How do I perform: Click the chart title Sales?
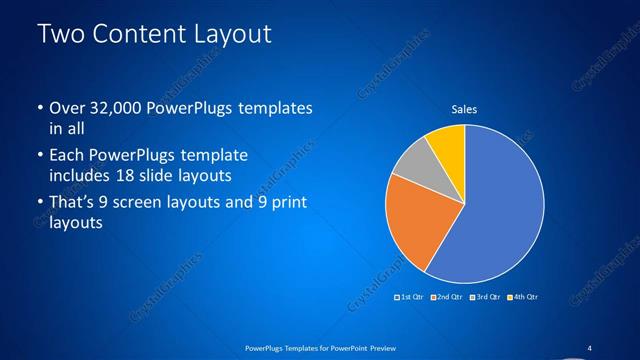pyautogui.click(x=464, y=110)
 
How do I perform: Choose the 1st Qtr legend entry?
pyautogui.click(x=410, y=297)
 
